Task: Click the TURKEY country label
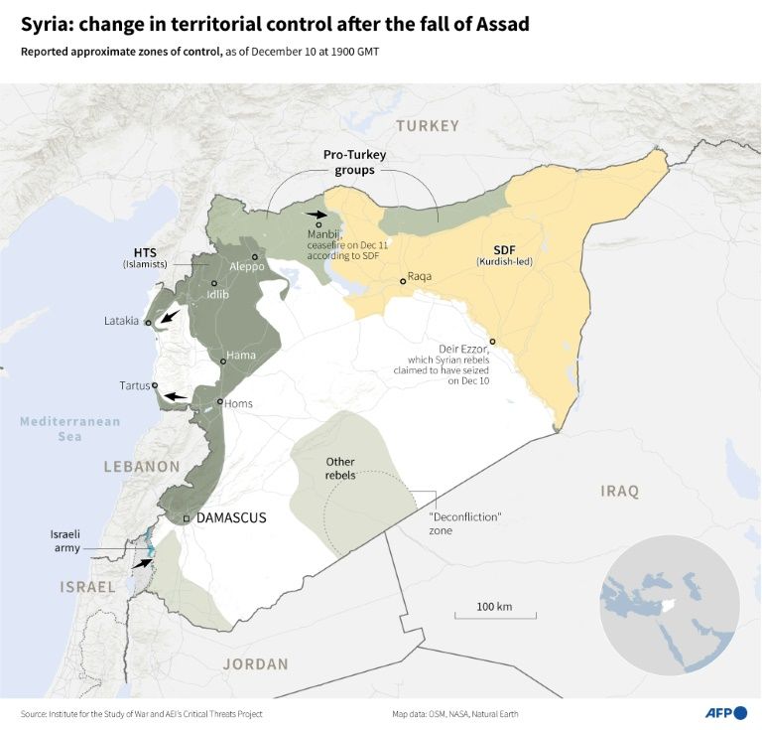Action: (428, 126)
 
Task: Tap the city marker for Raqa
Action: (402, 281)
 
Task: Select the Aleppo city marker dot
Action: (241, 255)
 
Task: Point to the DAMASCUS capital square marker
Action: (187, 518)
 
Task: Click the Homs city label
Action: (238, 403)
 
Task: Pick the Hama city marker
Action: (223, 362)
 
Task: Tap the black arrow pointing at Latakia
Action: (170, 317)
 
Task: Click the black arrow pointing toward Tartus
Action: (176, 396)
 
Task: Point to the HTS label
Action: (145, 251)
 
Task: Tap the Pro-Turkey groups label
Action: (353, 163)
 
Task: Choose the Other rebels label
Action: (340, 468)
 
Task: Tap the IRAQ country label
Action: (620, 491)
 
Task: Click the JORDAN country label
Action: (256, 663)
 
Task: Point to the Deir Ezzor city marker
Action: (492, 342)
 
